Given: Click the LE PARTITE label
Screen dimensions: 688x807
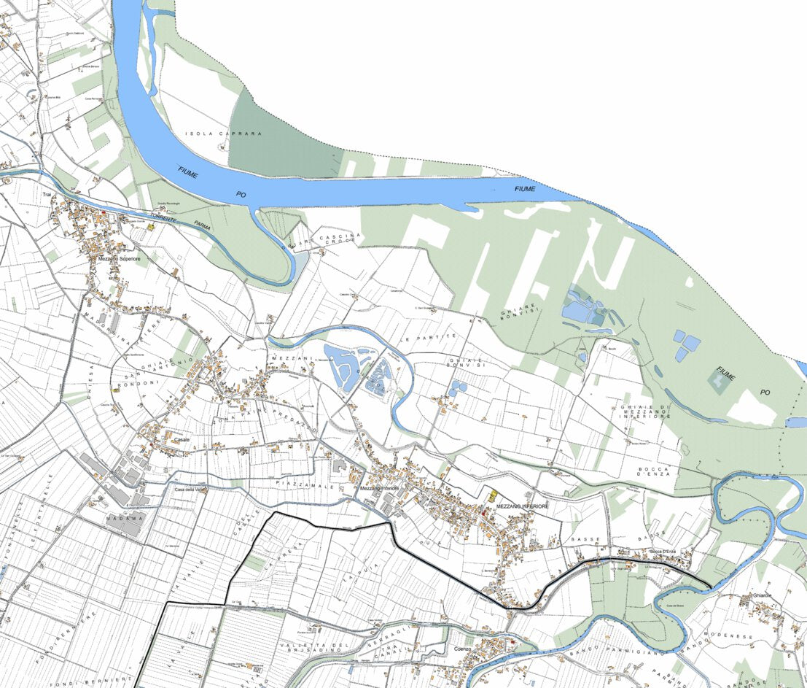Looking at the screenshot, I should [x=429, y=338].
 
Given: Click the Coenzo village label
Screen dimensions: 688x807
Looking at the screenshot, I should [x=464, y=648].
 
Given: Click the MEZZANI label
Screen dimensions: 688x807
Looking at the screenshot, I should [x=292, y=358].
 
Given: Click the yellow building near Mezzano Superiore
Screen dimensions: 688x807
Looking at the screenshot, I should [x=151, y=227].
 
